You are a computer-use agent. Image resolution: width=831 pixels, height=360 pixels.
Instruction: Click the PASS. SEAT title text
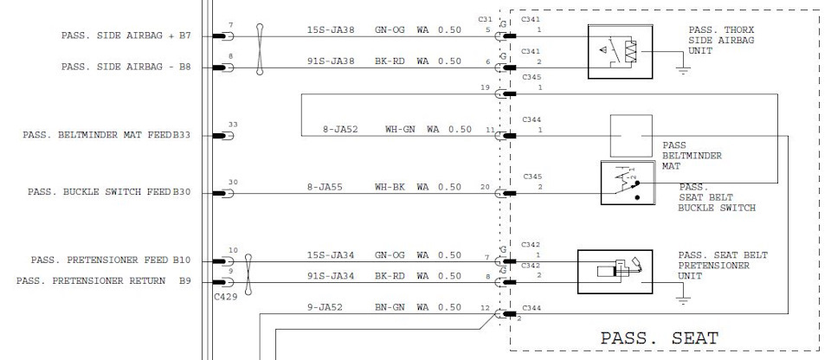click(x=660, y=337)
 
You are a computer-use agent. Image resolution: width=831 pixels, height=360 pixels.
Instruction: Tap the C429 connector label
click(x=225, y=296)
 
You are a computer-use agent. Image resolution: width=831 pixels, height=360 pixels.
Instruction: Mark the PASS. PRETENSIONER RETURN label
click(x=103, y=280)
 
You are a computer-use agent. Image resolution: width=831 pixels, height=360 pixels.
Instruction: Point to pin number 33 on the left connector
click(x=232, y=125)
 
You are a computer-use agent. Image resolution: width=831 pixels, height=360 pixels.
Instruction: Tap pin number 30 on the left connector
click(x=232, y=182)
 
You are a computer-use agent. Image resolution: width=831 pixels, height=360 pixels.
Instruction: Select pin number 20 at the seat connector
click(x=486, y=187)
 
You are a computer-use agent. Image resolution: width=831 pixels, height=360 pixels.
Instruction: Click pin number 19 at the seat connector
click(x=486, y=87)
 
